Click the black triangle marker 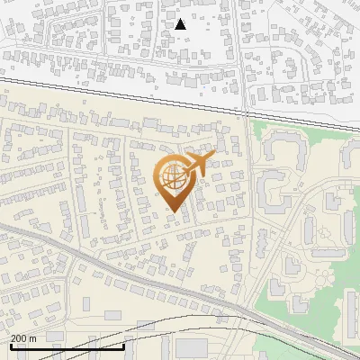(x=180, y=24)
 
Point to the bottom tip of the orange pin (x=172, y=211)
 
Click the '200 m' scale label (x=23, y=337)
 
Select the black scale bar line (x=67, y=346)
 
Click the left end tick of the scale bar (x=10, y=344)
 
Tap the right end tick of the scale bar (x=123, y=344)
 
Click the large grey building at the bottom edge (x=191, y=349)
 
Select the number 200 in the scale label (x=19, y=337)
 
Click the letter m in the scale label (x=33, y=338)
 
